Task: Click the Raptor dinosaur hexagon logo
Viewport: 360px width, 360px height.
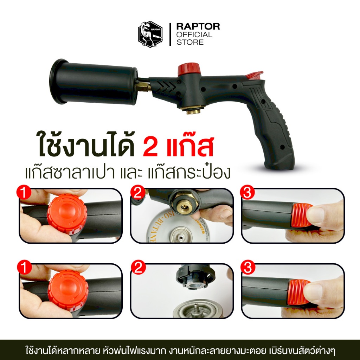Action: click(x=150, y=34)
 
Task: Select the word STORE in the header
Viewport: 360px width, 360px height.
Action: click(x=190, y=42)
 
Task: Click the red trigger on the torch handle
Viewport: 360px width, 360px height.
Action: click(x=255, y=75)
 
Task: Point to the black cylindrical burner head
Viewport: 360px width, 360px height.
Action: click(x=94, y=81)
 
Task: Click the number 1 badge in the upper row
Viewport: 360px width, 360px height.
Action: click(x=24, y=193)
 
